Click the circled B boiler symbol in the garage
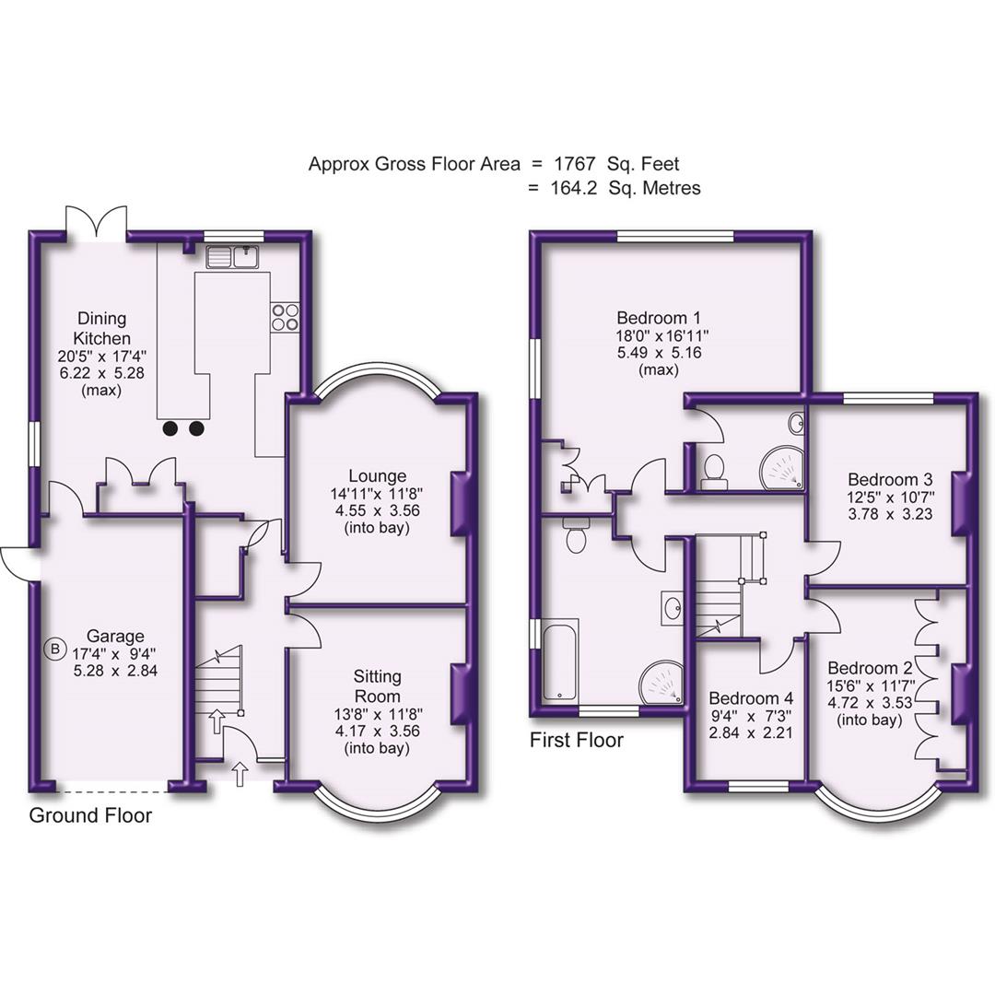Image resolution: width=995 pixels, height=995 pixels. [54, 650]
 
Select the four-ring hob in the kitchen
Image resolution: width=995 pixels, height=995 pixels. [285, 317]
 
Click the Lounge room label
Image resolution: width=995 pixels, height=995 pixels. [377, 476]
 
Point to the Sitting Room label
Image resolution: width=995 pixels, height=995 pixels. [377, 686]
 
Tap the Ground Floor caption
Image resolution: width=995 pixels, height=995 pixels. [90, 815]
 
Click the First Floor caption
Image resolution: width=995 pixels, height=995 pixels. [577, 740]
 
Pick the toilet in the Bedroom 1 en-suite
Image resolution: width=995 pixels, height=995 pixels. [713, 470]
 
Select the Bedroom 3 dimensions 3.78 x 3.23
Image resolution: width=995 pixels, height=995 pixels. [890, 516]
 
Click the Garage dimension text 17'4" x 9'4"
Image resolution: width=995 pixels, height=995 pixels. [116, 653]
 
